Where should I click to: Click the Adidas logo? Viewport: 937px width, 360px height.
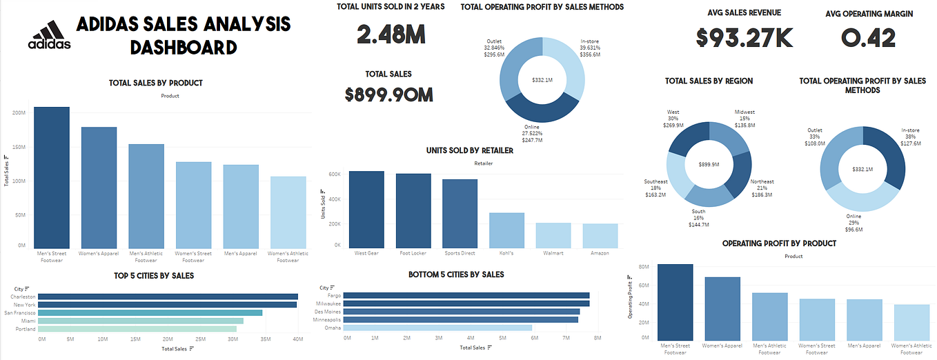pos(49,36)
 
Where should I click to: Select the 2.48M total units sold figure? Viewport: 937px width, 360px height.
pos(391,34)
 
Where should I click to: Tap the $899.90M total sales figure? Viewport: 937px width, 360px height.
pos(389,94)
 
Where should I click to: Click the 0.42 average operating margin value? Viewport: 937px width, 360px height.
pos(867,38)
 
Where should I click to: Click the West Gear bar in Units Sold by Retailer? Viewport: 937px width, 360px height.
pos(366,210)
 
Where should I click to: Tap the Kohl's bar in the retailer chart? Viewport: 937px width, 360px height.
pos(506,230)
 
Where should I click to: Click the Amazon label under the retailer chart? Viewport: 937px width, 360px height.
pos(600,253)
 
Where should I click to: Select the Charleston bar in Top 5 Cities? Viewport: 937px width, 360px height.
pos(169,297)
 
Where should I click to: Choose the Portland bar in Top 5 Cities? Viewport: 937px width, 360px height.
pos(138,329)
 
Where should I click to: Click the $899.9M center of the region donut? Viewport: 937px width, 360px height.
pos(709,165)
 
